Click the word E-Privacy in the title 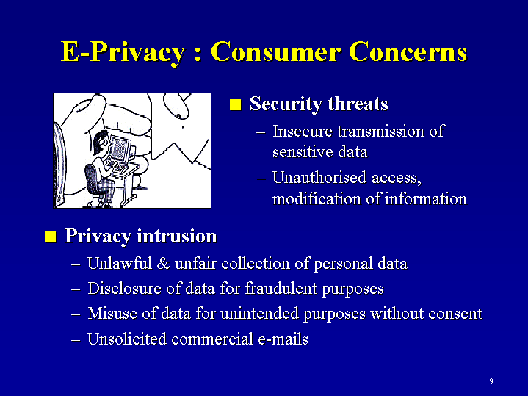pyautogui.click(x=123, y=52)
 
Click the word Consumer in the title pyautogui.click(x=275, y=51)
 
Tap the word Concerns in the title pyautogui.click(x=408, y=51)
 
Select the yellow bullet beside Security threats pyautogui.click(x=236, y=104)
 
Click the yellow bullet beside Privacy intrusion pyautogui.click(x=50, y=237)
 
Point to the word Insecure pyautogui.click(x=303, y=131)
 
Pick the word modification pyautogui.click(x=317, y=198)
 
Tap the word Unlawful pyautogui.click(x=120, y=263)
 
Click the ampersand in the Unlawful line pyautogui.click(x=163, y=264)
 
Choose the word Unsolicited pyautogui.click(x=127, y=339)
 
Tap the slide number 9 pyautogui.click(x=491, y=381)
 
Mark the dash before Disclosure pyautogui.click(x=76, y=289)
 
